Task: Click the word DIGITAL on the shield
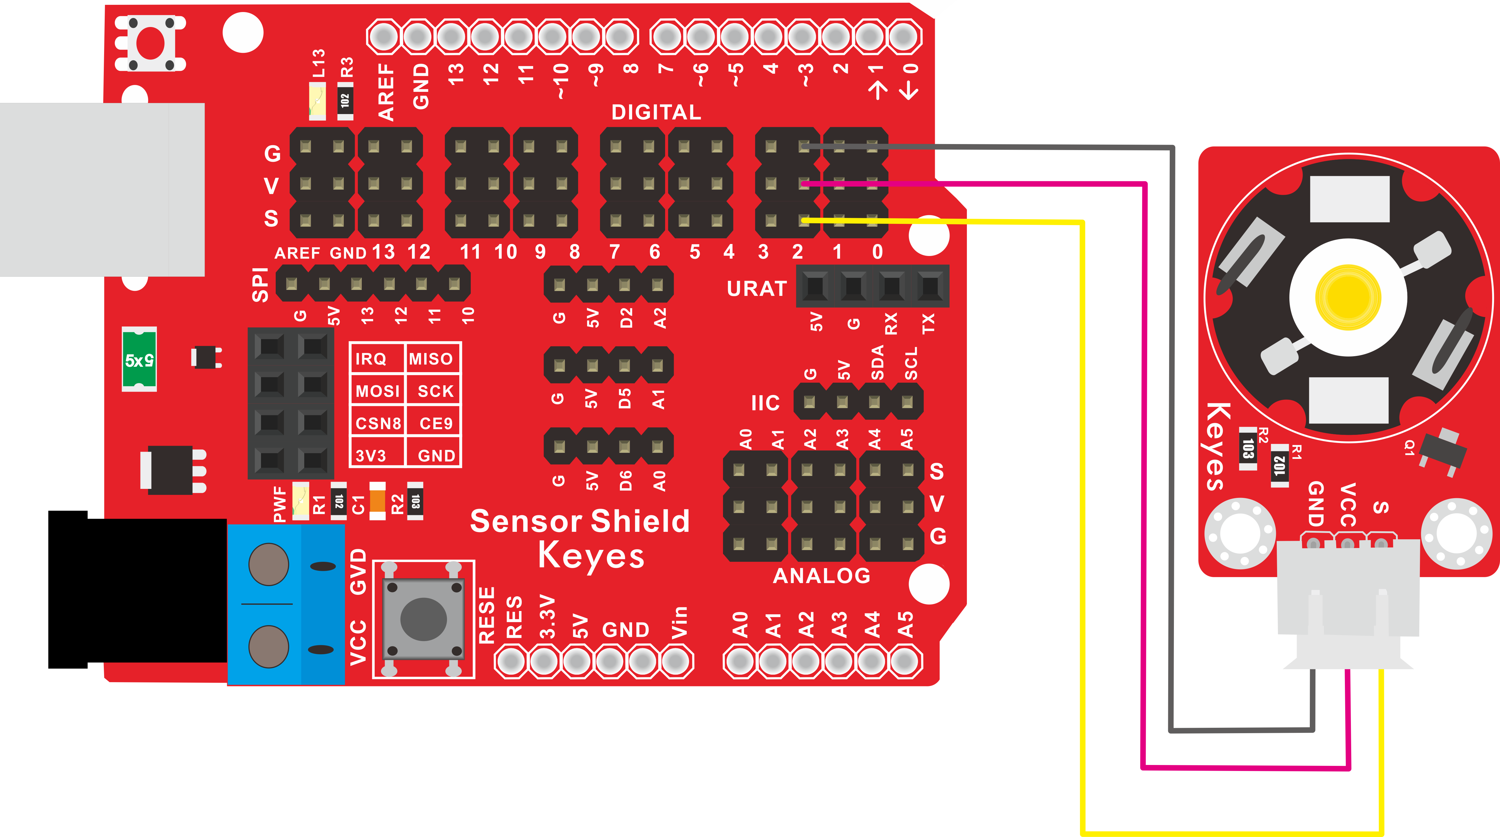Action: pyautogui.click(x=656, y=112)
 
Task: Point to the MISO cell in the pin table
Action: pyautogui.click(x=431, y=359)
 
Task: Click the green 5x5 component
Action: pyautogui.click(x=139, y=360)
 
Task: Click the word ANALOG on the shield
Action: pyautogui.click(x=822, y=576)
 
